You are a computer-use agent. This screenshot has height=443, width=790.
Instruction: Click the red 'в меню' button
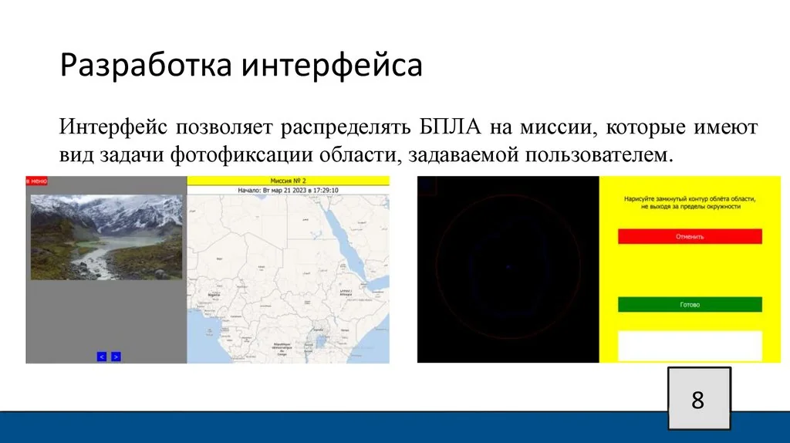tap(37, 181)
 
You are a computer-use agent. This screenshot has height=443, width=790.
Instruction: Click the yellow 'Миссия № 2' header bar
tap(288, 180)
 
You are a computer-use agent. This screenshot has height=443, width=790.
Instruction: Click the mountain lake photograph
tap(106, 236)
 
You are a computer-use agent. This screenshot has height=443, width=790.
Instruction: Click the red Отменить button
tap(690, 237)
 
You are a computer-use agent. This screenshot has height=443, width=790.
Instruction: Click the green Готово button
tap(690, 304)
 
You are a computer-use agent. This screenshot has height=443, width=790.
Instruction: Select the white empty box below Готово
tap(690, 345)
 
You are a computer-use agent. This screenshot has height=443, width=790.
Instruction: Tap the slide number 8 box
tap(697, 400)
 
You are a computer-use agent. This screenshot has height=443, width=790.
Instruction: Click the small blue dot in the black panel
tap(508, 267)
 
